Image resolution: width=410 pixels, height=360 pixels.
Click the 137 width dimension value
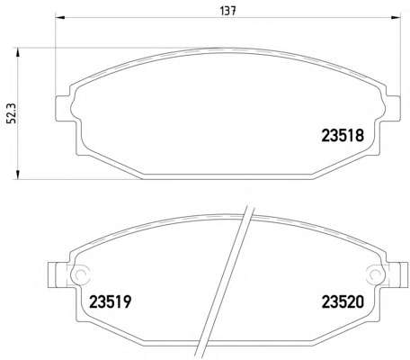(x=228, y=11)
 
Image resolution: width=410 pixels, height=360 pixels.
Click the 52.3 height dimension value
(x=12, y=113)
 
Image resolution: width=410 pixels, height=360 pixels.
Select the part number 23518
(x=343, y=136)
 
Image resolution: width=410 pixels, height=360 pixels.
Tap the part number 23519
(x=111, y=301)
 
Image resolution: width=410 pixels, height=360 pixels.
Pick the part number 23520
(x=343, y=301)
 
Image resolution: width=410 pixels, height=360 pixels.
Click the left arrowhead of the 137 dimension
(x=60, y=17)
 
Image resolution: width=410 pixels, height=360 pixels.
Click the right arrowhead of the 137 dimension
(x=397, y=17)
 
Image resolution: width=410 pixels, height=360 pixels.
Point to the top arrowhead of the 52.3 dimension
(x=18, y=52)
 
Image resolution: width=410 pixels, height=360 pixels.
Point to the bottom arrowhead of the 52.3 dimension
(x=18, y=175)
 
